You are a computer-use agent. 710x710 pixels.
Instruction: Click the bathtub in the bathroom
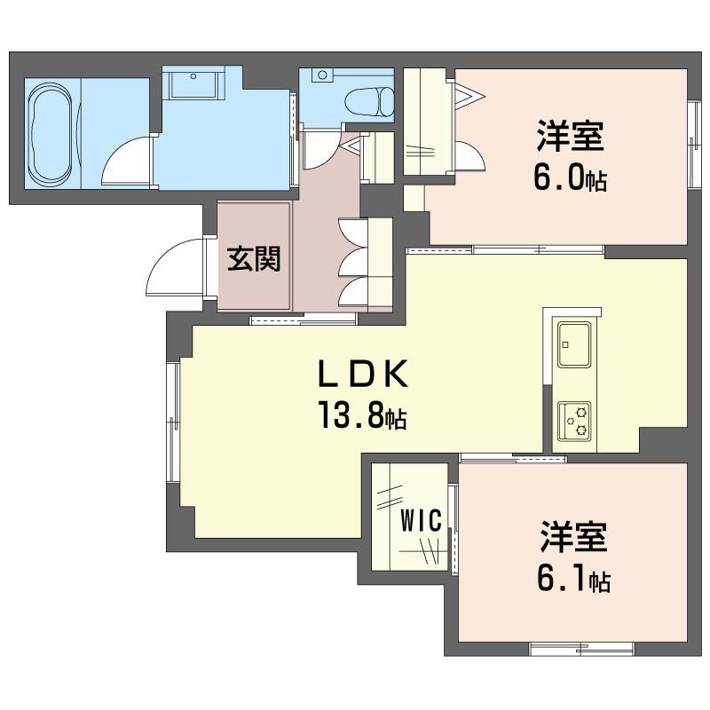51,135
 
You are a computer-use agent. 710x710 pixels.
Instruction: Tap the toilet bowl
369,102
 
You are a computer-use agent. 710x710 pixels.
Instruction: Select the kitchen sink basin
574,344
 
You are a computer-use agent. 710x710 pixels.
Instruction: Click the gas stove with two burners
574,421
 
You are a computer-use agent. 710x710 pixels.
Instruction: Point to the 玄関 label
254,259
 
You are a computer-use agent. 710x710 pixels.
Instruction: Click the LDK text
363,373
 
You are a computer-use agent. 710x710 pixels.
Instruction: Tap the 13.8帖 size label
363,414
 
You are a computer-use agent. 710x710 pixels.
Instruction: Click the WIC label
421,521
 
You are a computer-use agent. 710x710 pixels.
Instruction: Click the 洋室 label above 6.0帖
570,135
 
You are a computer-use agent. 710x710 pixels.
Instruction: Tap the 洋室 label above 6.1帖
573,537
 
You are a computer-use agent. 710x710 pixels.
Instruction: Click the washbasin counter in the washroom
193,83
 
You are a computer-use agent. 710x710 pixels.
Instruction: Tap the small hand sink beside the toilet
322,75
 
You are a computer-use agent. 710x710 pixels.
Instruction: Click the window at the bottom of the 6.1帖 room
582,649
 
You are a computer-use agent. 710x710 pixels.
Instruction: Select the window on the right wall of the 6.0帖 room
694,144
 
